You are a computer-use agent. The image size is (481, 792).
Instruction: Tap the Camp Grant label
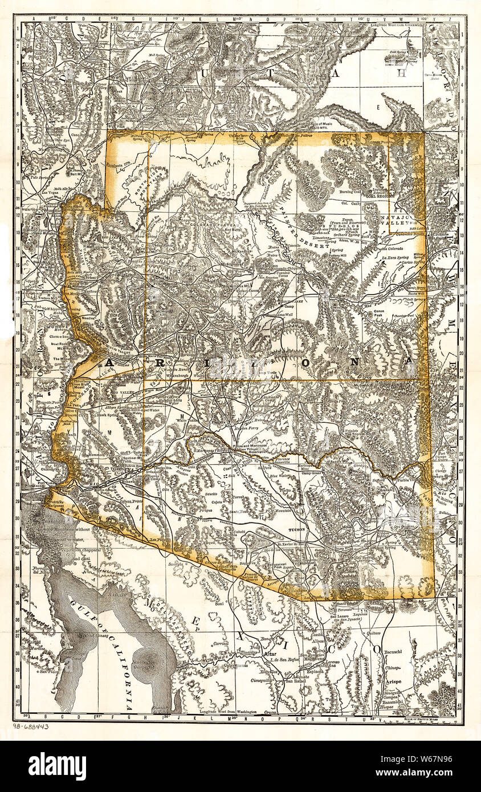[312, 473]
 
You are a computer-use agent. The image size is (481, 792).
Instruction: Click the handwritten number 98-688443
[30, 726]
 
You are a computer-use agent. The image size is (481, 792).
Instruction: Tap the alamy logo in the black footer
[57, 766]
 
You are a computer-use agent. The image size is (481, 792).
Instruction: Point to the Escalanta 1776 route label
[119, 162]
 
